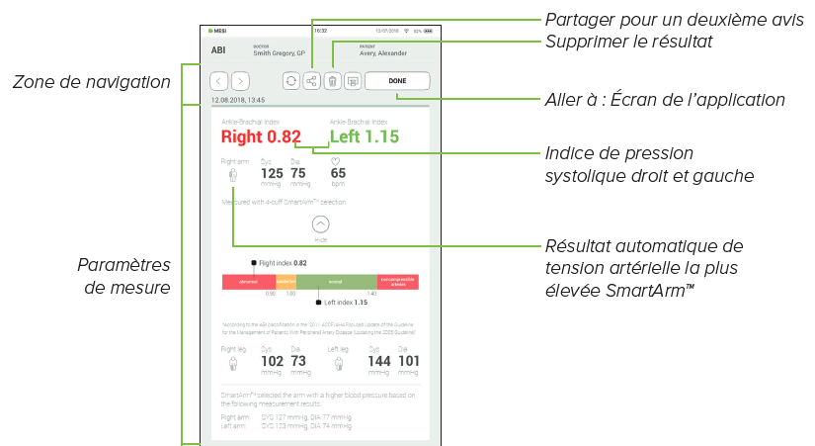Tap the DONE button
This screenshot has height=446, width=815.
pos(397,81)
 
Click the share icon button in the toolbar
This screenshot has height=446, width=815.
pos(311,81)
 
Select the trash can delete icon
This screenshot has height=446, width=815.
pos(333,81)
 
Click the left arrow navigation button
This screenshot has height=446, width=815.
pos(218,81)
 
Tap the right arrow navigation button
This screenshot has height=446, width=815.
pos(240,81)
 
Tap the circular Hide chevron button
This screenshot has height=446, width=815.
pos(320,224)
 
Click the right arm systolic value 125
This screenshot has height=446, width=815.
pos(272,173)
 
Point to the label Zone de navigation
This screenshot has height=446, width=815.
pos(92,82)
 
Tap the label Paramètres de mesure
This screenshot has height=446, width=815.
pos(123,277)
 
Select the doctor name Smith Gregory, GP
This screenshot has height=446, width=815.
pos(281,54)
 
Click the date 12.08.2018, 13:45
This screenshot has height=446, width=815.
pos(238,100)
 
